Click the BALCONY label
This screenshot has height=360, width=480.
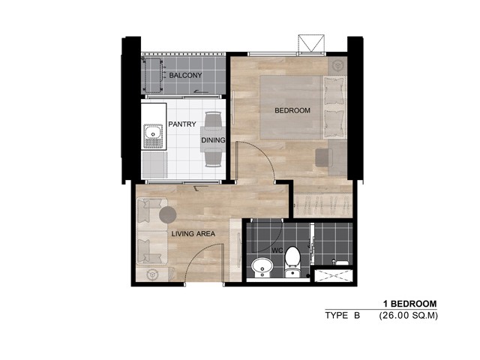(x=185, y=75)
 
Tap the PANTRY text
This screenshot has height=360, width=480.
(x=182, y=124)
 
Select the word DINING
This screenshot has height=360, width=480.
(x=213, y=140)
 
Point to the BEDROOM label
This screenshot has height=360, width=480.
(x=292, y=110)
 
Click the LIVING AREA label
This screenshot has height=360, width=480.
(x=193, y=234)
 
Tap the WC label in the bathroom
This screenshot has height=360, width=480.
(x=277, y=250)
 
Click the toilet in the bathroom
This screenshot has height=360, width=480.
(x=292, y=262)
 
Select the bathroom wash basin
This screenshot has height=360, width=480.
(x=262, y=268)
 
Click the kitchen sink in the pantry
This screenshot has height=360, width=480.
(x=153, y=136)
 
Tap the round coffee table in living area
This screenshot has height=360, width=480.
(x=168, y=214)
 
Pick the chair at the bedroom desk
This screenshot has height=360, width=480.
(x=324, y=157)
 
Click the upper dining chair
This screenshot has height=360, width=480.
(x=213, y=119)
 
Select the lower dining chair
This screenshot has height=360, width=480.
(x=213, y=159)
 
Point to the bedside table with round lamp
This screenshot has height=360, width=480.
(x=337, y=66)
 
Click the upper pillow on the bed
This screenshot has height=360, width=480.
(x=334, y=91)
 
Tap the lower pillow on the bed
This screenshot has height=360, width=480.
(x=334, y=123)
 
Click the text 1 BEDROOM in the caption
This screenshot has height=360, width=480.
(x=410, y=304)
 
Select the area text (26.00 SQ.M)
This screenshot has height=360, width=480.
(x=408, y=315)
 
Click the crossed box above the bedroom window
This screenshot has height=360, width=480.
(x=311, y=43)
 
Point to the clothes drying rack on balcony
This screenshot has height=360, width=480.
(x=153, y=75)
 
